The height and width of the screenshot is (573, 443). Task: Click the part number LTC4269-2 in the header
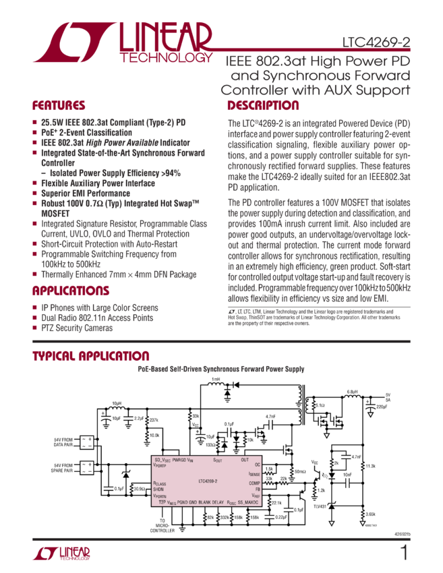[x=376, y=41]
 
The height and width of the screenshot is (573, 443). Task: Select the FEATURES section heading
[x=59, y=106]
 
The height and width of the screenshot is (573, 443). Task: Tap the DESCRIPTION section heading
[x=263, y=106]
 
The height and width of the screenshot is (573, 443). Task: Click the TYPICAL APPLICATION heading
[x=91, y=356]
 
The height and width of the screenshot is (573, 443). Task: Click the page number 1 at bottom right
[x=404, y=553]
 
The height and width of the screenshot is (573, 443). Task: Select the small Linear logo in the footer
[x=61, y=554]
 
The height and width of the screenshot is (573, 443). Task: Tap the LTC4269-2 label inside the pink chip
[x=212, y=481]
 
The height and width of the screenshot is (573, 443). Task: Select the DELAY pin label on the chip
[x=218, y=502]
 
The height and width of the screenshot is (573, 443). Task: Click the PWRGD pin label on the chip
[x=179, y=460]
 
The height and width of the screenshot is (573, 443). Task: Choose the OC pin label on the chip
[x=258, y=464]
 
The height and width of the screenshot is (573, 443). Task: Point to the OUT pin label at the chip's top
[x=245, y=460]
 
